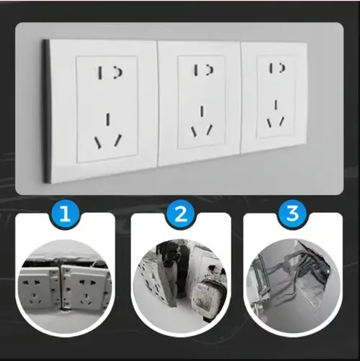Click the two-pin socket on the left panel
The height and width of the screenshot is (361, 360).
(x=108, y=73)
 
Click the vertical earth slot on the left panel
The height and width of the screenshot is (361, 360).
(x=108, y=119)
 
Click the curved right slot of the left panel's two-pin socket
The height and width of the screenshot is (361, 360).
(x=114, y=73)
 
